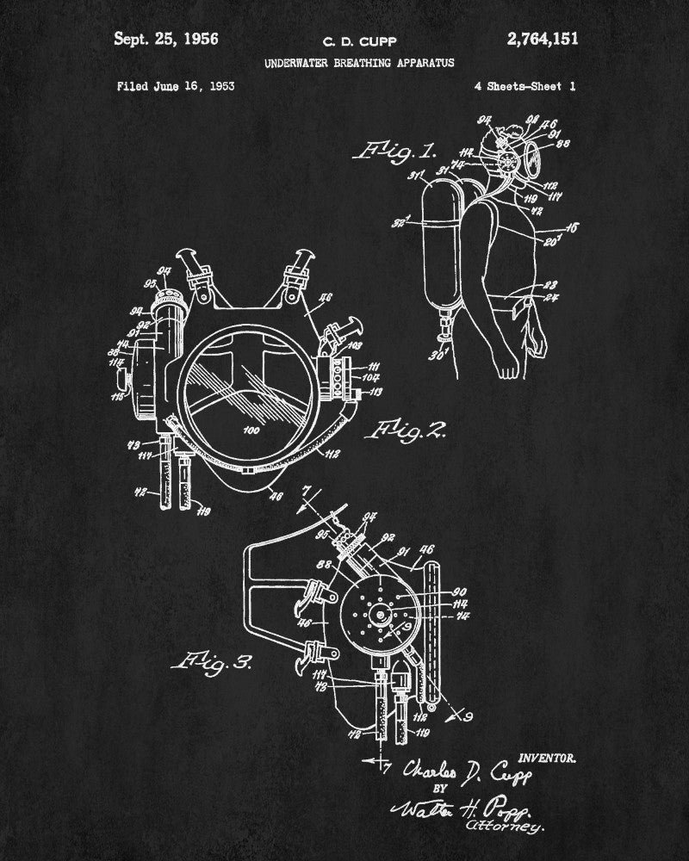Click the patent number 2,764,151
543,39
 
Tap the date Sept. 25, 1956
166,39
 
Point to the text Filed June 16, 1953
175,86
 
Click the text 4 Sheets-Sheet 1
525,86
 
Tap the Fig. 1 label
392,152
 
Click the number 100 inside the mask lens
251,428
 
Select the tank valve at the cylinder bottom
445,330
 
